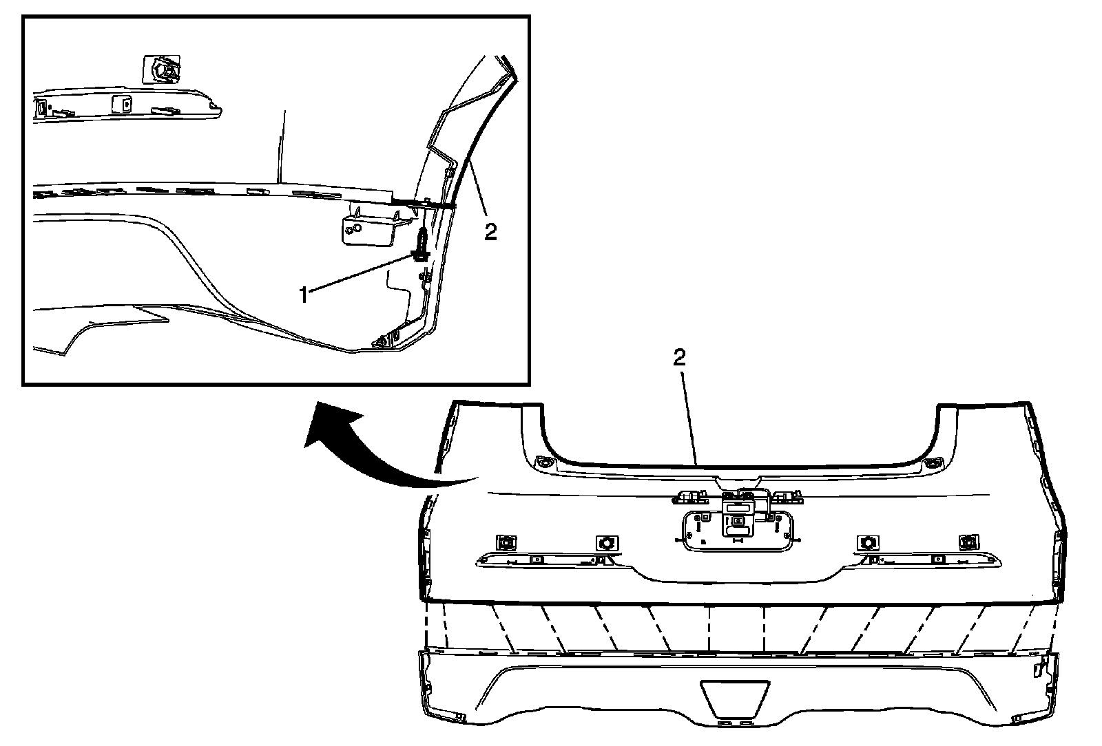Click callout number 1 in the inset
(304, 295)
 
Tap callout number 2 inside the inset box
(490, 231)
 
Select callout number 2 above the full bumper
(679, 357)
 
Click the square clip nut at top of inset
(161, 70)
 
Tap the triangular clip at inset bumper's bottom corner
(380, 341)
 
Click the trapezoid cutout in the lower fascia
(735, 696)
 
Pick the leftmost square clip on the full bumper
(507, 542)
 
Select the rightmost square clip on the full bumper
(968, 542)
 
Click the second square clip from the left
(607, 543)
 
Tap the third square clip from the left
(868, 542)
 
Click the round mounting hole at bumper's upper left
(543, 462)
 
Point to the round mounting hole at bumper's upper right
(932, 462)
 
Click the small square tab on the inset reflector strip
(122, 103)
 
